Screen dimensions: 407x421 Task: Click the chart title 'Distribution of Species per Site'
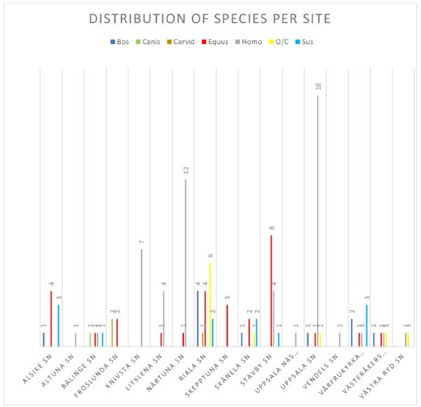pyautogui.click(x=210, y=18)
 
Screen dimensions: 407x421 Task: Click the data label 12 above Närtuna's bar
pyautogui.click(x=187, y=171)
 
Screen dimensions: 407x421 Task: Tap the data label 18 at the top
pyautogui.click(x=319, y=86)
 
